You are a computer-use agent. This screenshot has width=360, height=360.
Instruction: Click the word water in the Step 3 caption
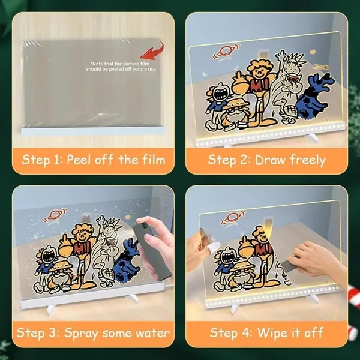point(151,332)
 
